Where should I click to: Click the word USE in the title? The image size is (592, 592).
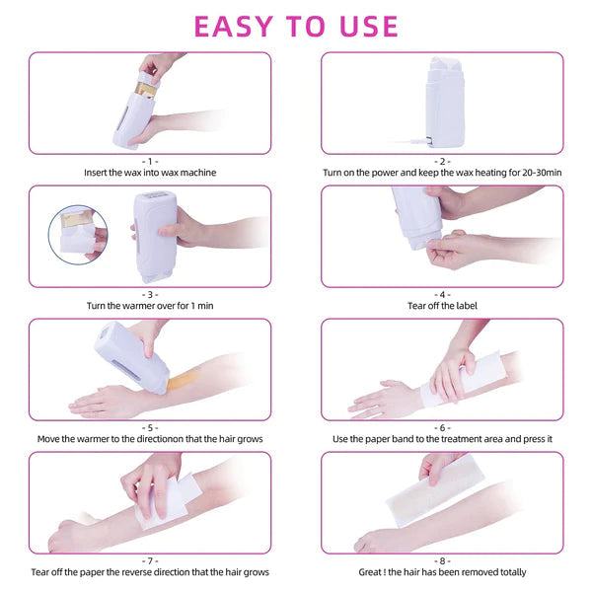point(365,26)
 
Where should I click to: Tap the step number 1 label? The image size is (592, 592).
point(150,160)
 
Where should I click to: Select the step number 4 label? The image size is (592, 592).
point(443,293)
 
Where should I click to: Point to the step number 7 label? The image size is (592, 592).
point(150,559)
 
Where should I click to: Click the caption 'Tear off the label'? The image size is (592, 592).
point(443,306)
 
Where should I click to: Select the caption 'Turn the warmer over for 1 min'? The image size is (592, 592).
point(150,306)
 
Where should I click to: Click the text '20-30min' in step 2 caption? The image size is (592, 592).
point(542,173)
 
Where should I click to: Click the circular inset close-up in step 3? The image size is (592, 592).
point(77,233)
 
